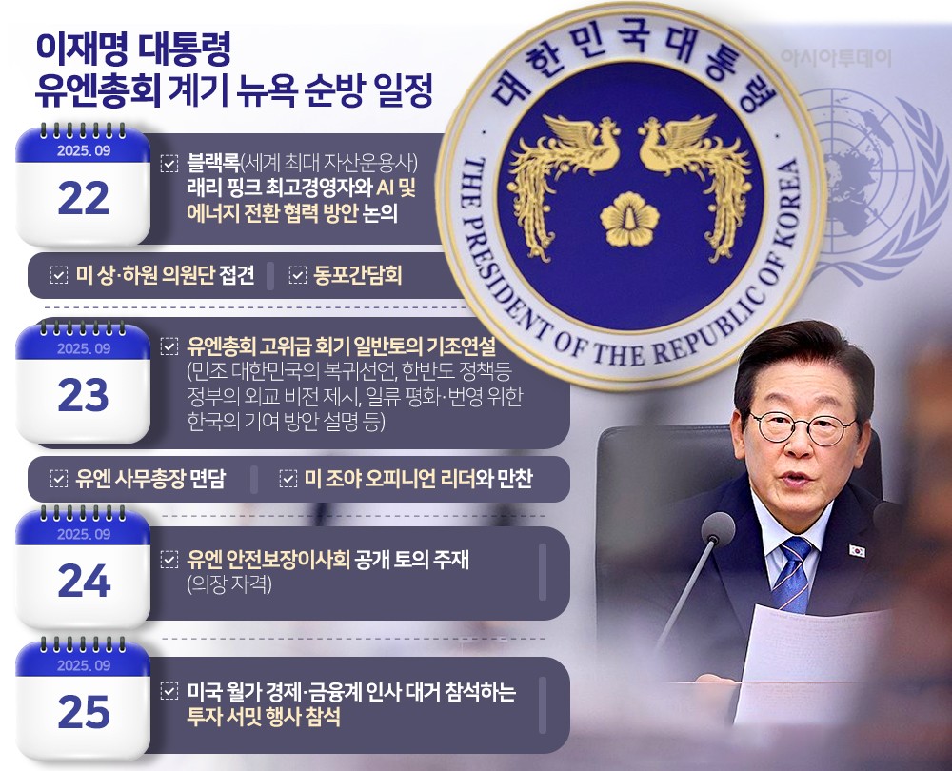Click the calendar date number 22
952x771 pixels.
84,199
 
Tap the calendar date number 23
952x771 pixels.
84,395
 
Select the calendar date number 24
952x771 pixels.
85,581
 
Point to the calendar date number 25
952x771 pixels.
84,712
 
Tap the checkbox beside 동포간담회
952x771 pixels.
297,276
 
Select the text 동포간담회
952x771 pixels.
358,276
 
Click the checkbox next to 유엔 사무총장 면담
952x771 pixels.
58,479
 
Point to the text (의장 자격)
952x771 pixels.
228,584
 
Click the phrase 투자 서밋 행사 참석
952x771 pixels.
264,717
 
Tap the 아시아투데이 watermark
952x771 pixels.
836,58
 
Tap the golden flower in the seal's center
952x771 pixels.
629,219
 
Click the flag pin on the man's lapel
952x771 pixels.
856,551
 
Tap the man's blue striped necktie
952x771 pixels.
791,574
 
